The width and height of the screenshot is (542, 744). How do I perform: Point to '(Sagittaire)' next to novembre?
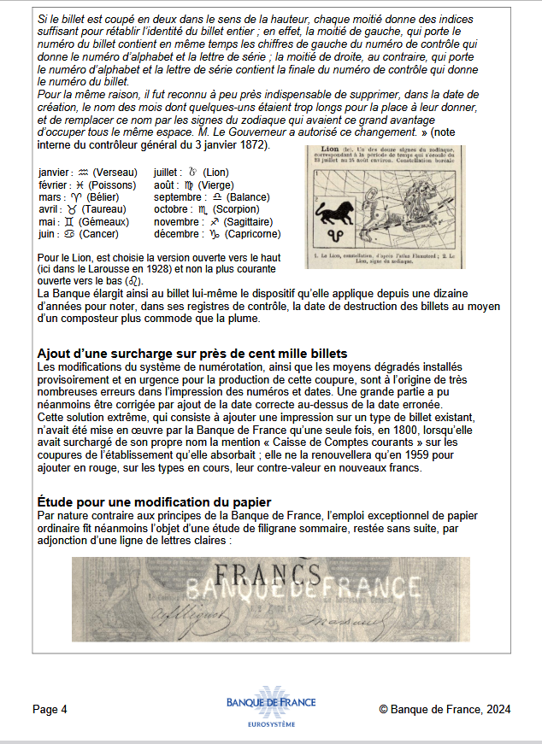(250, 221)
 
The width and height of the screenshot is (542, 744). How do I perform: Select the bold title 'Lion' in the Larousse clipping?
(323, 150)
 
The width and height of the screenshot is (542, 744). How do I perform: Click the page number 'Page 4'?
(50, 709)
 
